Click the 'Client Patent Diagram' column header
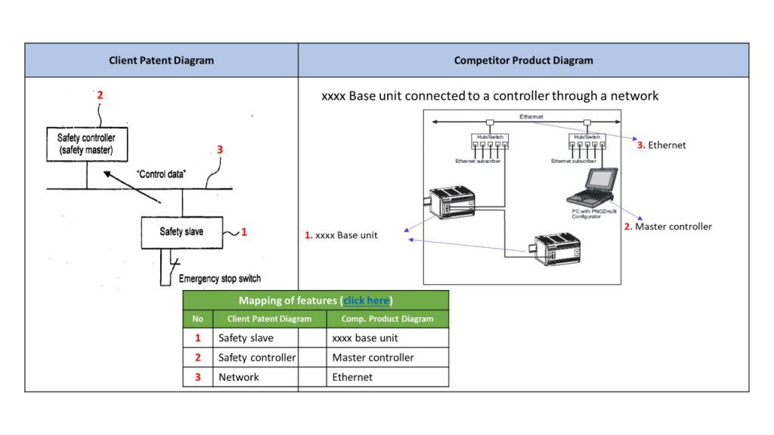(161, 60)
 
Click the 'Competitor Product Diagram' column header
(523, 60)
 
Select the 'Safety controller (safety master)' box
(86, 144)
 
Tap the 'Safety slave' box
(181, 232)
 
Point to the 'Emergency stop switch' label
(219, 279)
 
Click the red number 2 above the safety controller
(100, 96)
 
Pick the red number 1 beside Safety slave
(243, 232)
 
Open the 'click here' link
(366, 301)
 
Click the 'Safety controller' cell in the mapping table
(256, 358)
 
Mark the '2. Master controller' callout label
(667, 227)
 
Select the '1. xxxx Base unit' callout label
(341, 236)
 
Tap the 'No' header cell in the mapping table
(198, 319)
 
